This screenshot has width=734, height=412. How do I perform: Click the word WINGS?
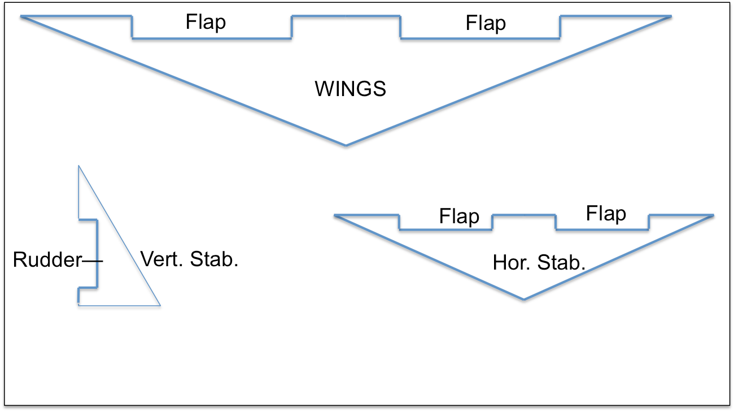pos(350,89)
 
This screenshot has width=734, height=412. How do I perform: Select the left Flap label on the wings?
pos(206,23)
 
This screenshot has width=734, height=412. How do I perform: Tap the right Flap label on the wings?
pos(486,23)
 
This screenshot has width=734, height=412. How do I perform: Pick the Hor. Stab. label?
pos(539,263)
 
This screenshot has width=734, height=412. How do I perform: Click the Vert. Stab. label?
pos(189,259)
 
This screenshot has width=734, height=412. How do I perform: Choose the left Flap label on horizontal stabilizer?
pos(459,216)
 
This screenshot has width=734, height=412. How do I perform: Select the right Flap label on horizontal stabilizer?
pos(606,214)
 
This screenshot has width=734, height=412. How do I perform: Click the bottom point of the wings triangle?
pos(346,145)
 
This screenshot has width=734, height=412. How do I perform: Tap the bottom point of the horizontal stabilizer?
pos(524,298)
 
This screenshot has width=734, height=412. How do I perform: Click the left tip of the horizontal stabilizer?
pos(336,215)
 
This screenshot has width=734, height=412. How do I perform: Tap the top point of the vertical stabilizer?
pos(78,166)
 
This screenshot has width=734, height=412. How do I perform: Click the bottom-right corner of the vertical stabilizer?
pos(160,305)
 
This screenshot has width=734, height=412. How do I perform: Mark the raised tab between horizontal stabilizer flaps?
pos(524,216)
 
